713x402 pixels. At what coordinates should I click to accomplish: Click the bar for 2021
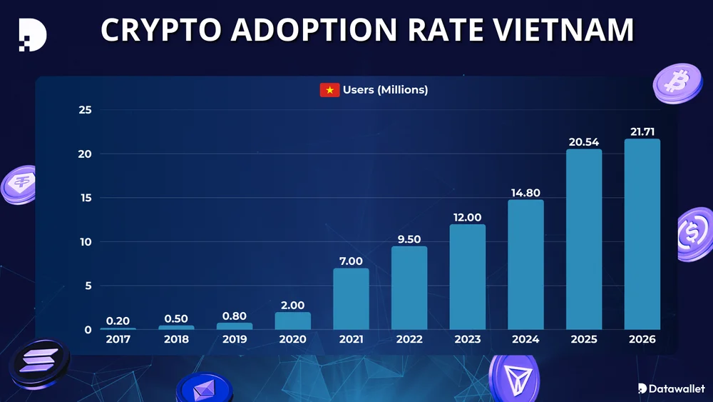pos(351,298)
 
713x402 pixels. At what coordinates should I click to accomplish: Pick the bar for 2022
pos(409,288)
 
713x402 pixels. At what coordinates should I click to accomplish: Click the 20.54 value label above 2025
pos(583,142)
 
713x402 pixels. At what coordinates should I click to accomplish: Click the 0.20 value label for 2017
pos(118,321)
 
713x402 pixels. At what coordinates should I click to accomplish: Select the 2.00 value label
pos(292,305)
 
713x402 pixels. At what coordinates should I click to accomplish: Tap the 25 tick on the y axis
pos(85,110)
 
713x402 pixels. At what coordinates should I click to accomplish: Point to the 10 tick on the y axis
pos(85,242)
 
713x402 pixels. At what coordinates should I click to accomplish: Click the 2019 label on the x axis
pos(235,339)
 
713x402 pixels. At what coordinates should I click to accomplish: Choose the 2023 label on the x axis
pos(467,339)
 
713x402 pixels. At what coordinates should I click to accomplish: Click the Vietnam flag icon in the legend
pos(329,90)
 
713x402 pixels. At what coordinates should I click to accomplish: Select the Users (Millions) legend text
pos(385,90)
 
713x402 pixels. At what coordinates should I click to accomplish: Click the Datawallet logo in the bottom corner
pos(670,388)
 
